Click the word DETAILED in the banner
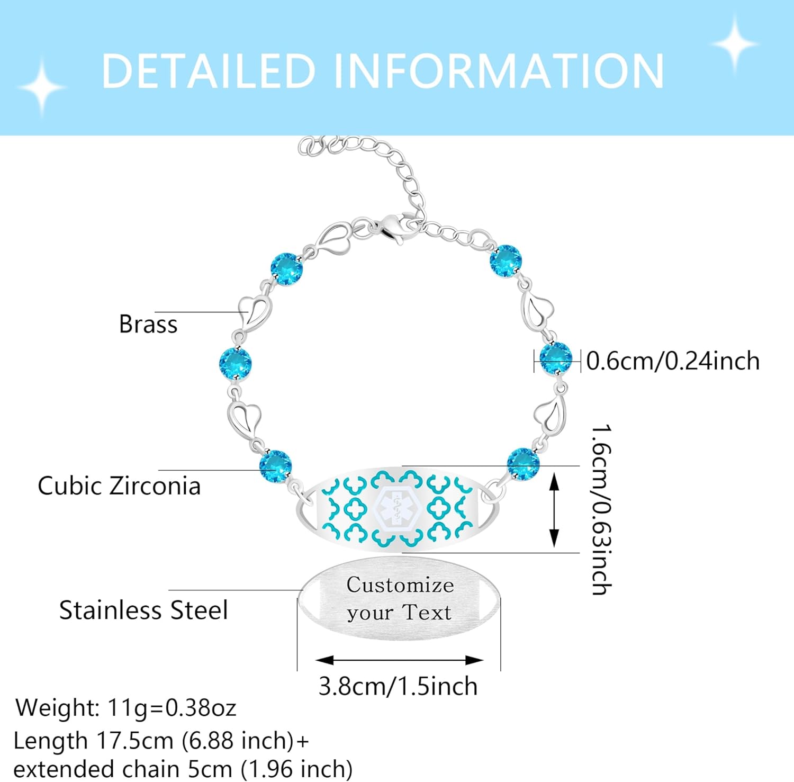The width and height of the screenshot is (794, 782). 209,70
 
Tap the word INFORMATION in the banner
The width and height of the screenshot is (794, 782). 499,70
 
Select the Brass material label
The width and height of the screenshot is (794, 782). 148,324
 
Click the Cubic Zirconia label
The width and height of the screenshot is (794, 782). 119,486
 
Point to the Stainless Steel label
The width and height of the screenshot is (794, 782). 143,610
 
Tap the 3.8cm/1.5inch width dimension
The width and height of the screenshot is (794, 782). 398,686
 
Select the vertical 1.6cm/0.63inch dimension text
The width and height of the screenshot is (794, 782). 602,509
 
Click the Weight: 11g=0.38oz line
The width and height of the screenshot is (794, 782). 126,707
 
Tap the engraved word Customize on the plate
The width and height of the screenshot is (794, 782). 400,585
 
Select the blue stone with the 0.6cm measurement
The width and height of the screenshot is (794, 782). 556,358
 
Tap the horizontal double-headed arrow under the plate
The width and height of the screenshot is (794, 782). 399,660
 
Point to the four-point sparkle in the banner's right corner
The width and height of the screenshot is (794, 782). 735,44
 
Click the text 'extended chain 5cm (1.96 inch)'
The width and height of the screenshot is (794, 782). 183,768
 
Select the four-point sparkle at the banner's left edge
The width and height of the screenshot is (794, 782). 42,86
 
